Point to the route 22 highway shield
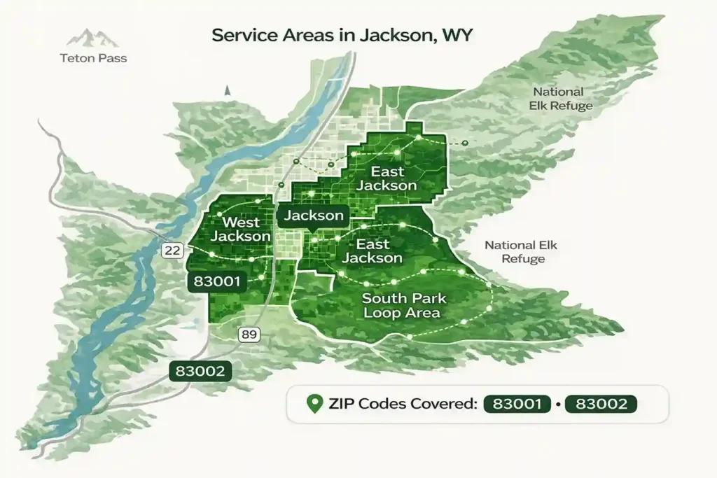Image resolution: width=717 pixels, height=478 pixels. tap(172, 249)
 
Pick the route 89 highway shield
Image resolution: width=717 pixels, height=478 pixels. tap(249, 334)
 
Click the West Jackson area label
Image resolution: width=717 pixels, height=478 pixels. tap(240, 230)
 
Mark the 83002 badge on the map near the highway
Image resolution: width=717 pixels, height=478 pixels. tap(202, 371)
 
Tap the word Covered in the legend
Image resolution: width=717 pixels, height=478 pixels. tap(440, 404)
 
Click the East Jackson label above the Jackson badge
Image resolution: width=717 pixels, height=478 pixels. tap(394, 178)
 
